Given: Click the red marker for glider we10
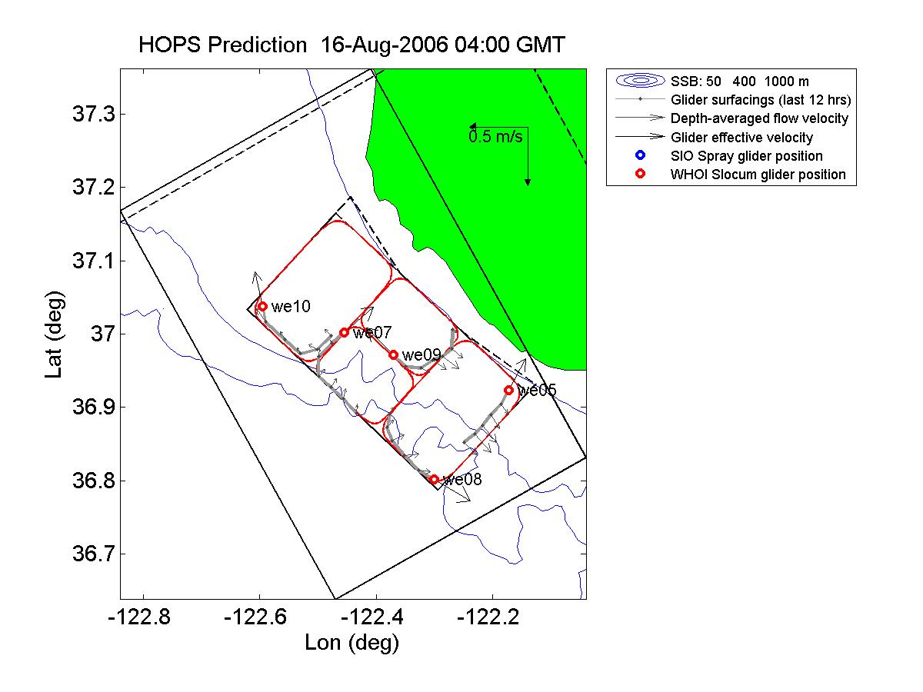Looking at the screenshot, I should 262,306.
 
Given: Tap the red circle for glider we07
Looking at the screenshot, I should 344,332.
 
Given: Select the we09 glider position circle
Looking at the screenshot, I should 393,355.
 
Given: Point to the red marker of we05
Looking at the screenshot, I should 508,391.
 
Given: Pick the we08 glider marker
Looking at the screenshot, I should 434,479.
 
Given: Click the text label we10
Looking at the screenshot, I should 291,307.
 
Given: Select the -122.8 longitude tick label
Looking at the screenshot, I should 143,618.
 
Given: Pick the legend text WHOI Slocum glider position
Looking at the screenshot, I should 758,175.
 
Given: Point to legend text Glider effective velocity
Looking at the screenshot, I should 741,138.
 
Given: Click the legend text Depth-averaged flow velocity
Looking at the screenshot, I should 759,118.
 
